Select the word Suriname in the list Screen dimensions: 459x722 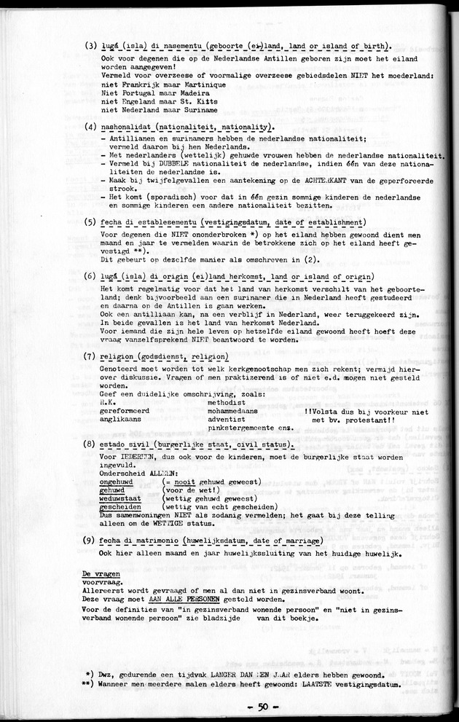(x=198, y=110)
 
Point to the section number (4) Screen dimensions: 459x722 (x=90, y=127)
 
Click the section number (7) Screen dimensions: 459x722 (x=90, y=356)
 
